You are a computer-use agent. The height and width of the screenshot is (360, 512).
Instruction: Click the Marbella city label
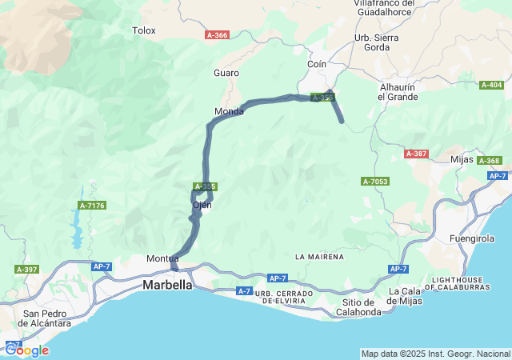[167, 285]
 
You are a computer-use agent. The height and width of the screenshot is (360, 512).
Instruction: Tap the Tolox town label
[144, 30]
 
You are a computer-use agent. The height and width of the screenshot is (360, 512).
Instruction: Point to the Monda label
[229, 111]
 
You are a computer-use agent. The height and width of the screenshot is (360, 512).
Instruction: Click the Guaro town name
[226, 73]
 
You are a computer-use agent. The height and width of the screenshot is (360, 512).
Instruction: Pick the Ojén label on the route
[202, 205]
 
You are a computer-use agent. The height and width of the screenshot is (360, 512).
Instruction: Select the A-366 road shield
[217, 35]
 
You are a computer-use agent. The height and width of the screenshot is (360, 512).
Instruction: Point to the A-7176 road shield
[94, 206]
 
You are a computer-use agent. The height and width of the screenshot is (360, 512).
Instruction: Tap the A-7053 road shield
[375, 182]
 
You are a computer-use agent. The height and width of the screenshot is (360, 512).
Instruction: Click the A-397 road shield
[26, 270]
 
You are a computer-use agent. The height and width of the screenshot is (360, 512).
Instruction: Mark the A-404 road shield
[491, 85]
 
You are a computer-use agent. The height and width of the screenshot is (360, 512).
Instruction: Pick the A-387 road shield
[416, 154]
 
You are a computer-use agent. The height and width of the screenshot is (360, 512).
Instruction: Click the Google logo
[26, 350]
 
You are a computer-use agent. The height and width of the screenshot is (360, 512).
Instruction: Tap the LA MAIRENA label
[319, 257]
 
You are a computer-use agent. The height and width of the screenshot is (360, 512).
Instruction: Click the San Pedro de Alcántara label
[46, 318]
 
